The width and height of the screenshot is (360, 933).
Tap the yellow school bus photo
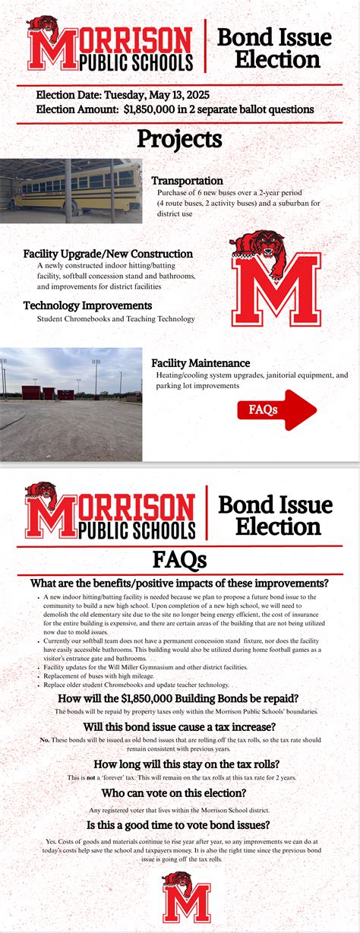pos(71,190)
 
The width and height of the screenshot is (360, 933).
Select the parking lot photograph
pos(71,404)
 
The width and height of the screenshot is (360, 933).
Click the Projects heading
pos(179,139)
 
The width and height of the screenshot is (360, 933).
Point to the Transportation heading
pos(188,181)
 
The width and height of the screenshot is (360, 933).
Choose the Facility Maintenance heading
pos(201,363)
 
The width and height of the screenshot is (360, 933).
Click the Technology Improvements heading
pos(87,305)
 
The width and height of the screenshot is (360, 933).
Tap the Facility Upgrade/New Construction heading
pos(108,253)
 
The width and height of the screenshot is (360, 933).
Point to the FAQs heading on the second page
pos(179,560)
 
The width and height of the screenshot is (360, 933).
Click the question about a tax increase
pos(180,727)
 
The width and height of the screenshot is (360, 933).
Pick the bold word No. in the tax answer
pos(45,739)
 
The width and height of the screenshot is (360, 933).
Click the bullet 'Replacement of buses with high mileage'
pos(99,675)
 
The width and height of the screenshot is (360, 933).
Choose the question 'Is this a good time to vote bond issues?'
pos(179,824)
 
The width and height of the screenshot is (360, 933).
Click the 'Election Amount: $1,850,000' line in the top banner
pos(175,109)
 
